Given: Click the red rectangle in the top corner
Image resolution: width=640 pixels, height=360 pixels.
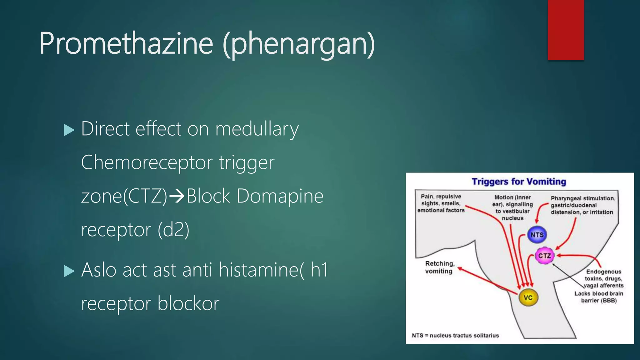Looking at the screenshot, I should [x=566, y=30].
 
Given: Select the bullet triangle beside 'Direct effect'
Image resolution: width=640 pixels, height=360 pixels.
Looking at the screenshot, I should [x=69, y=130].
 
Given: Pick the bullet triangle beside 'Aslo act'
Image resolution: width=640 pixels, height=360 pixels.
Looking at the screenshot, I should [x=69, y=271].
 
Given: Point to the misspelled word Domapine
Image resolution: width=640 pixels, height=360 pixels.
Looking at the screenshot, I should [x=280, y=196].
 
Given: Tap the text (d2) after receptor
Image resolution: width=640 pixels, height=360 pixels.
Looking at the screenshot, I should [x=173, y=230].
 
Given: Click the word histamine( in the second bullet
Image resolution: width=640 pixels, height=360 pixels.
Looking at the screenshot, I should [x=261, y=270].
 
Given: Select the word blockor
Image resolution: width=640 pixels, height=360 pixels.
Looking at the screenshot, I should [x=188, y=303].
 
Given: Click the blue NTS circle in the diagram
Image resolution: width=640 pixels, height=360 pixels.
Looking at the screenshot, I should [x=537, y=235].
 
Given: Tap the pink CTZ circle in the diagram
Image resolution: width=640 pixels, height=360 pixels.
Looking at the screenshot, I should [x=544, y=256].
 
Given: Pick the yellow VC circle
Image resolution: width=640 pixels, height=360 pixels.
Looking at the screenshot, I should [x=528, y=297].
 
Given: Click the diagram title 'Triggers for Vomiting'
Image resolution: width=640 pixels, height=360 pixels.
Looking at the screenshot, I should [x=519, y=182].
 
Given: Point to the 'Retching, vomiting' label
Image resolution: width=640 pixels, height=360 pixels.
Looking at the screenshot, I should [x=439, y=267].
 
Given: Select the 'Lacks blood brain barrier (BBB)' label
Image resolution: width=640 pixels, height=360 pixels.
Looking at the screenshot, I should [x=599, y=297].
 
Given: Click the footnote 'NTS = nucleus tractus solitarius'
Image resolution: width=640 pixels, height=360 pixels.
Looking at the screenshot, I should [x=455, y=336].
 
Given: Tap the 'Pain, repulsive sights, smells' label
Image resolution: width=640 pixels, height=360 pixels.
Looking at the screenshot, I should [x=441, y=203].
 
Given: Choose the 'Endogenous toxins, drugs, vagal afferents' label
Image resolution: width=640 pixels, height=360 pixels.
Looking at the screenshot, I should [x=604, y=278].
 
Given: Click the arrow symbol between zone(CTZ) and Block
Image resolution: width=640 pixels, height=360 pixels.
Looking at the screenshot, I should [x=177, y=196].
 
